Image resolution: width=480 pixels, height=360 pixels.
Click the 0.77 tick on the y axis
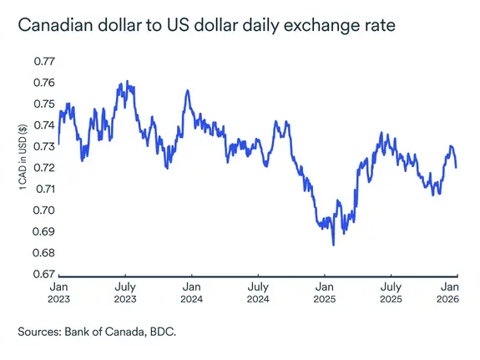[43, 61]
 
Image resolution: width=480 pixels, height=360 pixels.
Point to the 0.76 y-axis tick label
[43, 83]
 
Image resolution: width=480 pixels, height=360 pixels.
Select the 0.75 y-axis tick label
[43, 104]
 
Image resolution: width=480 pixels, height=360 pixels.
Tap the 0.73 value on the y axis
[43, 146]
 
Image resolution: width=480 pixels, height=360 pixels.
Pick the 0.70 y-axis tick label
[43, 210]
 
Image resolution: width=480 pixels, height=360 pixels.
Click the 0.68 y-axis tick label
[43, 252]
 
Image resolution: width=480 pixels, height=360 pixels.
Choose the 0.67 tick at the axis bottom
[43, 273]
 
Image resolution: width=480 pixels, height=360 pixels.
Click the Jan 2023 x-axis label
[58, 291]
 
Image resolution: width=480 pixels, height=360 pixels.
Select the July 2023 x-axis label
[124, 291]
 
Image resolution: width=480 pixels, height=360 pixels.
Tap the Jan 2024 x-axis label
[191, 291]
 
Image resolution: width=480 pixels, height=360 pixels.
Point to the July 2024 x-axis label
[257, 291]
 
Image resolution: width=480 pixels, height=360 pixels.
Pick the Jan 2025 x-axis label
[324, 291]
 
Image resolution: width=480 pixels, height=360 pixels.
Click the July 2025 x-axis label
[390, 291]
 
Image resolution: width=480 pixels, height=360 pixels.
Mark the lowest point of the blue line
[333, 245]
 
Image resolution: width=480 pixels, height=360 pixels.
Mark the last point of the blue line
[457, 167]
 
